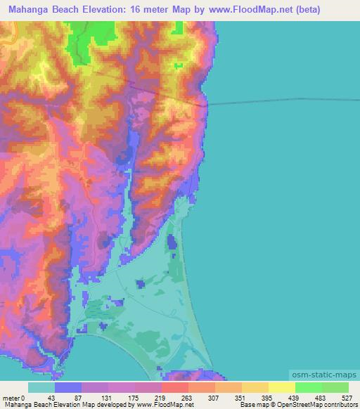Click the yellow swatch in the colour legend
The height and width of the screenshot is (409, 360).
[x=281, y=387]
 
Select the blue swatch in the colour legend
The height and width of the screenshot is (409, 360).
[x=68, y=387]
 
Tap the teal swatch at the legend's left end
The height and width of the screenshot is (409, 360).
[x=41, y=387]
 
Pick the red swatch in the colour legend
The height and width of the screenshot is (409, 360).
[x=174, y=387]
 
